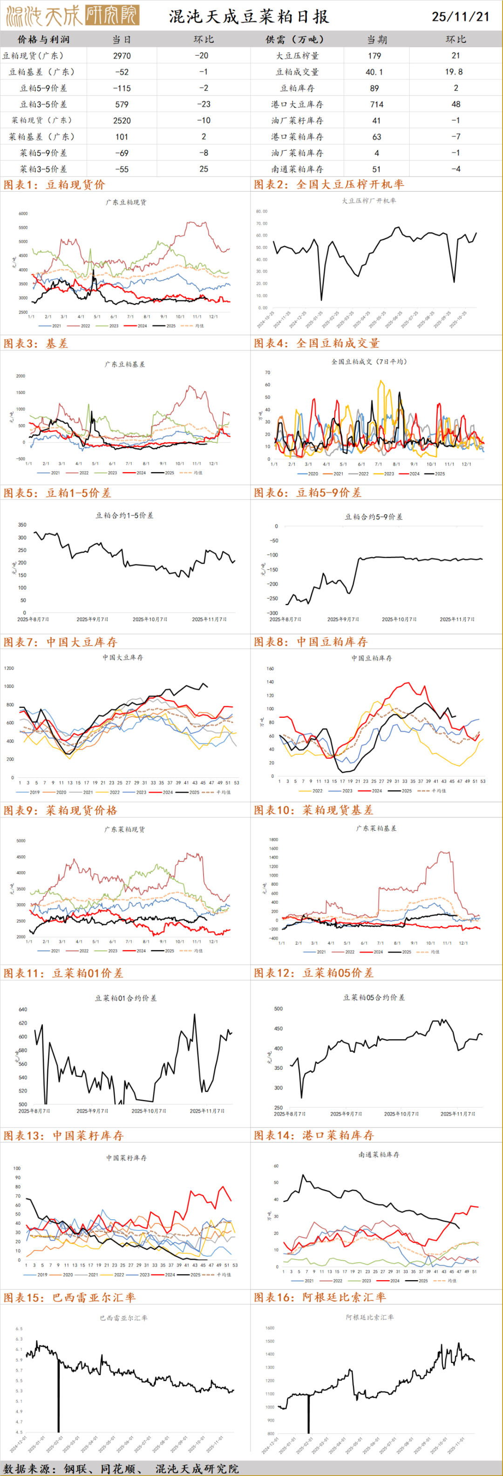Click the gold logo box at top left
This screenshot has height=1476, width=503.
pyautogui.click(x=112, y=15)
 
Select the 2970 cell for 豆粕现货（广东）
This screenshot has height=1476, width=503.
pyautogui.click(x=122, y=55)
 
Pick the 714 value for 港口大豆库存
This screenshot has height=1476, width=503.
pyautogui.click(x=377, y=104)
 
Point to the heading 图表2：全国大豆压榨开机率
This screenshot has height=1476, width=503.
pyautogui.click(x=329, y=185)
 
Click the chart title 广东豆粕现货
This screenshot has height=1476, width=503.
pyautogui.click(x=126, y=202)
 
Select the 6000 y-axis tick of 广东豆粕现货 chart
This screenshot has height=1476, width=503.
pyautogui.click(x=23, y=214)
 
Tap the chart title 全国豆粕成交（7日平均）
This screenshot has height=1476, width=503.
pyautogui.click(x=369, y=361)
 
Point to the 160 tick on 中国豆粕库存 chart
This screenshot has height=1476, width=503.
pyautogui.click(x=270, y=668)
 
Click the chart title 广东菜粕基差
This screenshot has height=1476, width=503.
pyautogui.click(x=376, y=828)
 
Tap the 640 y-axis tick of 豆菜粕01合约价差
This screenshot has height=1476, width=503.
pyautogui.click(x=23, y=1009)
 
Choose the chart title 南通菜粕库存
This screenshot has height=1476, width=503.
pyautogui.click(x=378, y=1155)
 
